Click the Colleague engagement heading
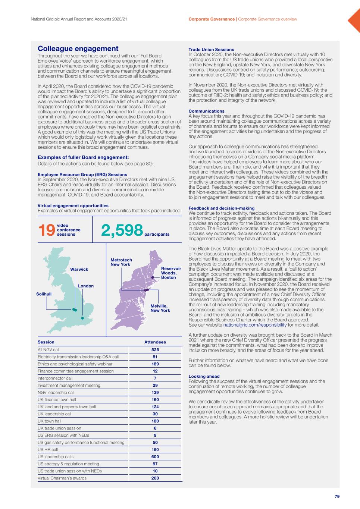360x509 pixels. [x=78, y=49]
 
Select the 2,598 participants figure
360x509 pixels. [x=122, y=230]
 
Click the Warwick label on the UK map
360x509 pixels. [x=79, y=269]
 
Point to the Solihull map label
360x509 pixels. [x=44, y=294]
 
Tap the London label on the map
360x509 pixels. [x=86, y=286]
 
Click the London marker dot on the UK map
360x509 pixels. [x=82, y=318]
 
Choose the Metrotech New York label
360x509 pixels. [x=121, y=262]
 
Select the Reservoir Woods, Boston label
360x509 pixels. [x=171, y=273]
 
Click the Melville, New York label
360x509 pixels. [x=160, y=308]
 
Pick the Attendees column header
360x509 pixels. [x=155, y=342]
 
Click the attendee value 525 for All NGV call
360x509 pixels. [x=155, y=350]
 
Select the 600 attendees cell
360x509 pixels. [x=155, y=457]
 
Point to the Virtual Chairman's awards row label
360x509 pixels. [x=62, y=478]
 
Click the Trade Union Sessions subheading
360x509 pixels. [x=211, y=50]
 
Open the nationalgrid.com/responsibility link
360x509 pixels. [x=255, y=325]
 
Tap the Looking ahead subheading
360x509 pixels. [x=204, y=376]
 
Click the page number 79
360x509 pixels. [x=337, y=496]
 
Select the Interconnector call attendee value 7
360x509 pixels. [x=155, y=378]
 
